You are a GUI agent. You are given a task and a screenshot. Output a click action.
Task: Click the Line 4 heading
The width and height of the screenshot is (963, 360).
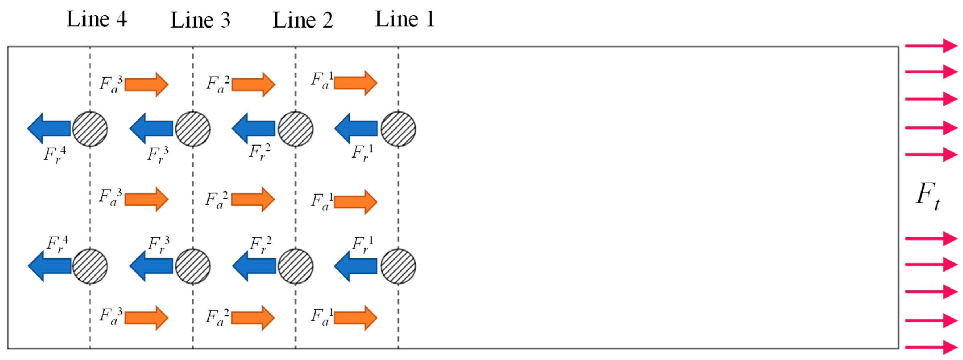point(96,19)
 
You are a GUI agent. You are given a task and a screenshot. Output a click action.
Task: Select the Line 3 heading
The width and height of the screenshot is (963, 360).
point(200,20)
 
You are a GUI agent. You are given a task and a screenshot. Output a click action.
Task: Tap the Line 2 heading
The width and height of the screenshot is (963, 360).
point(302,20)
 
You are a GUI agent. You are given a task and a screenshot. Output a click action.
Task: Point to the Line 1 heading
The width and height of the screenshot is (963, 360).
point(405,19)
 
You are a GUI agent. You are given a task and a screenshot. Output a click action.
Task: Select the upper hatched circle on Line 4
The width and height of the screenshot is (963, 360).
point(90,129)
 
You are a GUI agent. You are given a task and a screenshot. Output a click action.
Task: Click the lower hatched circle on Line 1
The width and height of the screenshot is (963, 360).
point(398,266)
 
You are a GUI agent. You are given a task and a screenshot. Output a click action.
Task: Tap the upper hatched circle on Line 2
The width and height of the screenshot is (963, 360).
point(295,129)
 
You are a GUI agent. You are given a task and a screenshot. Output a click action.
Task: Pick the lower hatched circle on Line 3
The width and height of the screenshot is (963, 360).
point(192,266)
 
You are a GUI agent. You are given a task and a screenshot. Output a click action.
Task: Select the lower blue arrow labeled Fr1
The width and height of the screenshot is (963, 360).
point(356,266)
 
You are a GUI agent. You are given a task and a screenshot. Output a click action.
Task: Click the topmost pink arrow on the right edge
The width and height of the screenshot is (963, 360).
point(931,45)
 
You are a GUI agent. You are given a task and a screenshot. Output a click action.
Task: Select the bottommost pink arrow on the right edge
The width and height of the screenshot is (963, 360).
point(931,347)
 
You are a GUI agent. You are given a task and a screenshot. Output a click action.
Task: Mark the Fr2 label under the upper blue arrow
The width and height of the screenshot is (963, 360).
point(260,152)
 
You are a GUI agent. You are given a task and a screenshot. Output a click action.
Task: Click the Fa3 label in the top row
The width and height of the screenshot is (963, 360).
point(111,84)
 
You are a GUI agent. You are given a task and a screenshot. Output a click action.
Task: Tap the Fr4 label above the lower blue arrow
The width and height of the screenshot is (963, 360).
point(57,244)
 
